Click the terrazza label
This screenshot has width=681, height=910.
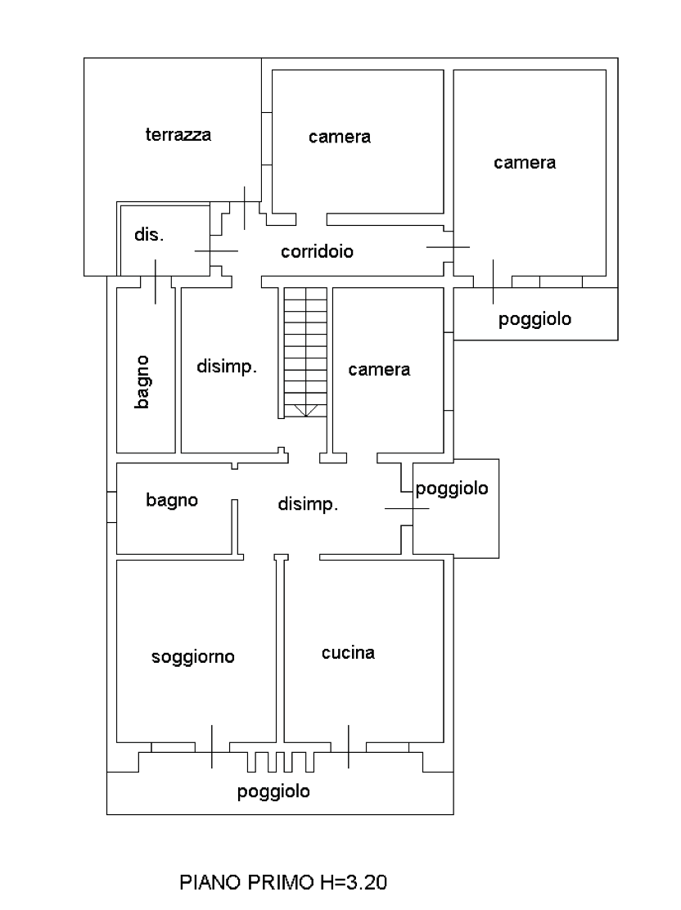pyautogui.click(x=178, y=136)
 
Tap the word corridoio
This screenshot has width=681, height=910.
pyautogui.click(x=318, y=252)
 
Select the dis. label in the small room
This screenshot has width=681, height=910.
pyautogui.click(x=149, y=236)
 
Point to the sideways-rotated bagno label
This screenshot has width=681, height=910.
pyautogui.click(x=143, y=381)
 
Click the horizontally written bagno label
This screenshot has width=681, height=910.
pyautogui.click(x=172, y=499)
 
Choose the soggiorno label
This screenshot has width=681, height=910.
pyautogui.click(x=193, y=656)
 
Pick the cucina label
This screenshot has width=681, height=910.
pyautogui.click(x=348, y=653)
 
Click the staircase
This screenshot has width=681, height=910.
pyautogui.click(x=304, y=352)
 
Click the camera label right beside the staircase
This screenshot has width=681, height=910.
pyautogui.click(x=379, y=369)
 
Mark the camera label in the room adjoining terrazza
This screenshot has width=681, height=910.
pyautogui.click(x=340, y=137)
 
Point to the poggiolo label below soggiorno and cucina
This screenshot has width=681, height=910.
pyautogui.click(x=273, y=792)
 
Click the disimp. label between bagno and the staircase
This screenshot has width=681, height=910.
pyautogui.click(x=227, y=367)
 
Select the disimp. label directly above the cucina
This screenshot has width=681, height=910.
pyautogui.click(x=307, y=505)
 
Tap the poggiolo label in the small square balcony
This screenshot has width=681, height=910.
pyautogui.click(x=452, y=489)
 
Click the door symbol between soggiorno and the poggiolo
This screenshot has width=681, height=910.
pyautogui.click(x=212, y=746)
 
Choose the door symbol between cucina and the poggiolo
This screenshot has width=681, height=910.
pyautogui.click(x=350, y=746)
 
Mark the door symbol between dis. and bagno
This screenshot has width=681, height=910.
pyautogui.click(x=156, y=281)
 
